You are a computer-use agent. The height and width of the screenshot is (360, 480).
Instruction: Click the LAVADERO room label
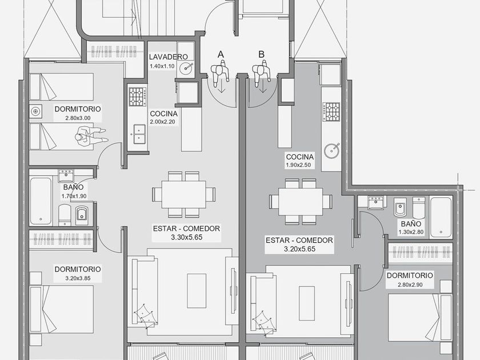pyautogui.click(x=168, y=57)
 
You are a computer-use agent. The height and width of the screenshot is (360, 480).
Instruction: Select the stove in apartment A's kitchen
pyautogui.click(x=138, y=97)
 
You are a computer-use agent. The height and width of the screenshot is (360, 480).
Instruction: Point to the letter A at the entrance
pyautogui.click(x=221, y=54)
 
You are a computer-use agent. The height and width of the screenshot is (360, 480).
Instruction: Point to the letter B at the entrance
pyautogui.click(x=261, y=54)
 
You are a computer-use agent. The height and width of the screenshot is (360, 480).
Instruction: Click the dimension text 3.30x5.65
pyautogui.click(x=186, y=237)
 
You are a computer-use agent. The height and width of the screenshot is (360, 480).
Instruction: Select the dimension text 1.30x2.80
pyautogui.click(x=411, y=232)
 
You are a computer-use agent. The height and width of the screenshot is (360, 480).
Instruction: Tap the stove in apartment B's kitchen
pyautogui.click(x=331, y=112)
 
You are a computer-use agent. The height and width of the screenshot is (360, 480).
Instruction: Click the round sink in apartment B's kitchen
pyautogui.click(x=331, y=150)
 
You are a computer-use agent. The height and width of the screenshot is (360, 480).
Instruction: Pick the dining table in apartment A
pyautogui.click(x=183, y=194)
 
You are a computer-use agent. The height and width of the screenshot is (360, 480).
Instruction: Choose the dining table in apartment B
pyautogui.click(x=301, y=202)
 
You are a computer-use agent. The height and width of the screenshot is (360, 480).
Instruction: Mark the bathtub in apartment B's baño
pyautogui.click(x=441, y=218)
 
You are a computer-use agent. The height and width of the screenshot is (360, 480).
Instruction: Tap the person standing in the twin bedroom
pyautogui.click(x=91, y=135)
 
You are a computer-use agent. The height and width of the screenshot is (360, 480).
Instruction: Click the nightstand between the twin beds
pyautogui.click(x=35, y=111)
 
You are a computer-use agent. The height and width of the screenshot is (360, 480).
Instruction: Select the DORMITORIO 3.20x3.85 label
pyautogui.click(x=78, y=273)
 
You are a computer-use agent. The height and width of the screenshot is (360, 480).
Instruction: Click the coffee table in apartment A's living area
pyautogui.click(x=197, y=291)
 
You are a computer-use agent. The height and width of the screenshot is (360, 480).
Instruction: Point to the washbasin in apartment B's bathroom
pyautogui.click(x=375, y=202)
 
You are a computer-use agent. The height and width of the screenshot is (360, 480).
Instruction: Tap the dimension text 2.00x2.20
pyautogui.click(x=162, y=122)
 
